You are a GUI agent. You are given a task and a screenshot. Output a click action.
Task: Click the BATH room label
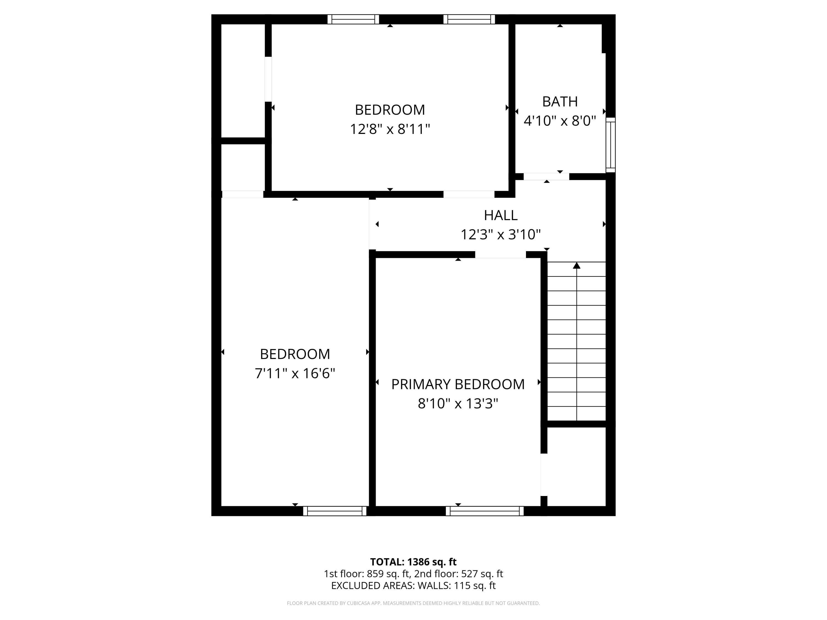(x=560, y=102)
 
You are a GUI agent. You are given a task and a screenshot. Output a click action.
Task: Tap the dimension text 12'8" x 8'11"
(x=390, y=129)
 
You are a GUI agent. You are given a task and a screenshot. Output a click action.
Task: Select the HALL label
(x=500, y=215)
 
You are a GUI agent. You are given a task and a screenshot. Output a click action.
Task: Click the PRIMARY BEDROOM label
(x=458, y=384)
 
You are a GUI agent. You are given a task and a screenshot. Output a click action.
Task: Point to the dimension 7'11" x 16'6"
(x=295, y=373)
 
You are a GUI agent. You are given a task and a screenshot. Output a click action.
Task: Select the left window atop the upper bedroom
(x=353, y=20)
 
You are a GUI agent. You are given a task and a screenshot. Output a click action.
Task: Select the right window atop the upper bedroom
(x=469, y=20)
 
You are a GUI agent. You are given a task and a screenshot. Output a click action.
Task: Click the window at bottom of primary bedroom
(x=485, y=511)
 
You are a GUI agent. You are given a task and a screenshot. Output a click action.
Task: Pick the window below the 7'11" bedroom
(x=335, y=511)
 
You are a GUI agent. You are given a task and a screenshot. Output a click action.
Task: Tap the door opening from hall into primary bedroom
(x=500, y=255)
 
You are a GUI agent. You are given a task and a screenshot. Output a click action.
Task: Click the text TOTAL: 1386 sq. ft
(x=413, y=562)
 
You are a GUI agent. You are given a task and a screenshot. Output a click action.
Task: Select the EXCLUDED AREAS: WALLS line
(x=413, y=586)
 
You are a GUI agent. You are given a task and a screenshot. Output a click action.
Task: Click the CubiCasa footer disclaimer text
(x=413, y=603)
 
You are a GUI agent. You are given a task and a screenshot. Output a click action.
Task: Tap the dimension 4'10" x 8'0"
(x=560, y=121)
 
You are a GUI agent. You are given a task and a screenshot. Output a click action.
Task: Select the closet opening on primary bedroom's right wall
(x=544, y=475)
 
